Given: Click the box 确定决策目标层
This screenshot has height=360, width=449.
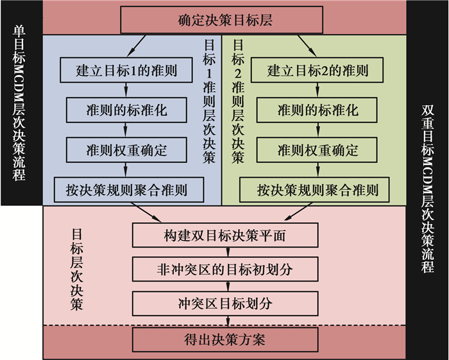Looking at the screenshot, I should (225, 21).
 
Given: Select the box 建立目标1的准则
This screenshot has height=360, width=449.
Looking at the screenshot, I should (126, 70).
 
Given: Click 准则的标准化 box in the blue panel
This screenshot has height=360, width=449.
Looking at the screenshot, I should (126, 110).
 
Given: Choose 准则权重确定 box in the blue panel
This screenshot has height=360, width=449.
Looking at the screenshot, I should (126, 150).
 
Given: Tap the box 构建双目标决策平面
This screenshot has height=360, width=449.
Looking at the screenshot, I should (225, 236).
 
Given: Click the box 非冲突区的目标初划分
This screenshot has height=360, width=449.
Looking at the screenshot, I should (225, 269).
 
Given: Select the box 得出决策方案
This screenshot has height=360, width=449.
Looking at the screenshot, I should (225, 338).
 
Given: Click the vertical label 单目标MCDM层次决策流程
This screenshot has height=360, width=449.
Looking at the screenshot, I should (19, 103).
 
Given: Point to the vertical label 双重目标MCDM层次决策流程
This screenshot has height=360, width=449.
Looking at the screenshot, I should (428, 186).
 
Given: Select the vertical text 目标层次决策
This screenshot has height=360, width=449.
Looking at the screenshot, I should (76, 269).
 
